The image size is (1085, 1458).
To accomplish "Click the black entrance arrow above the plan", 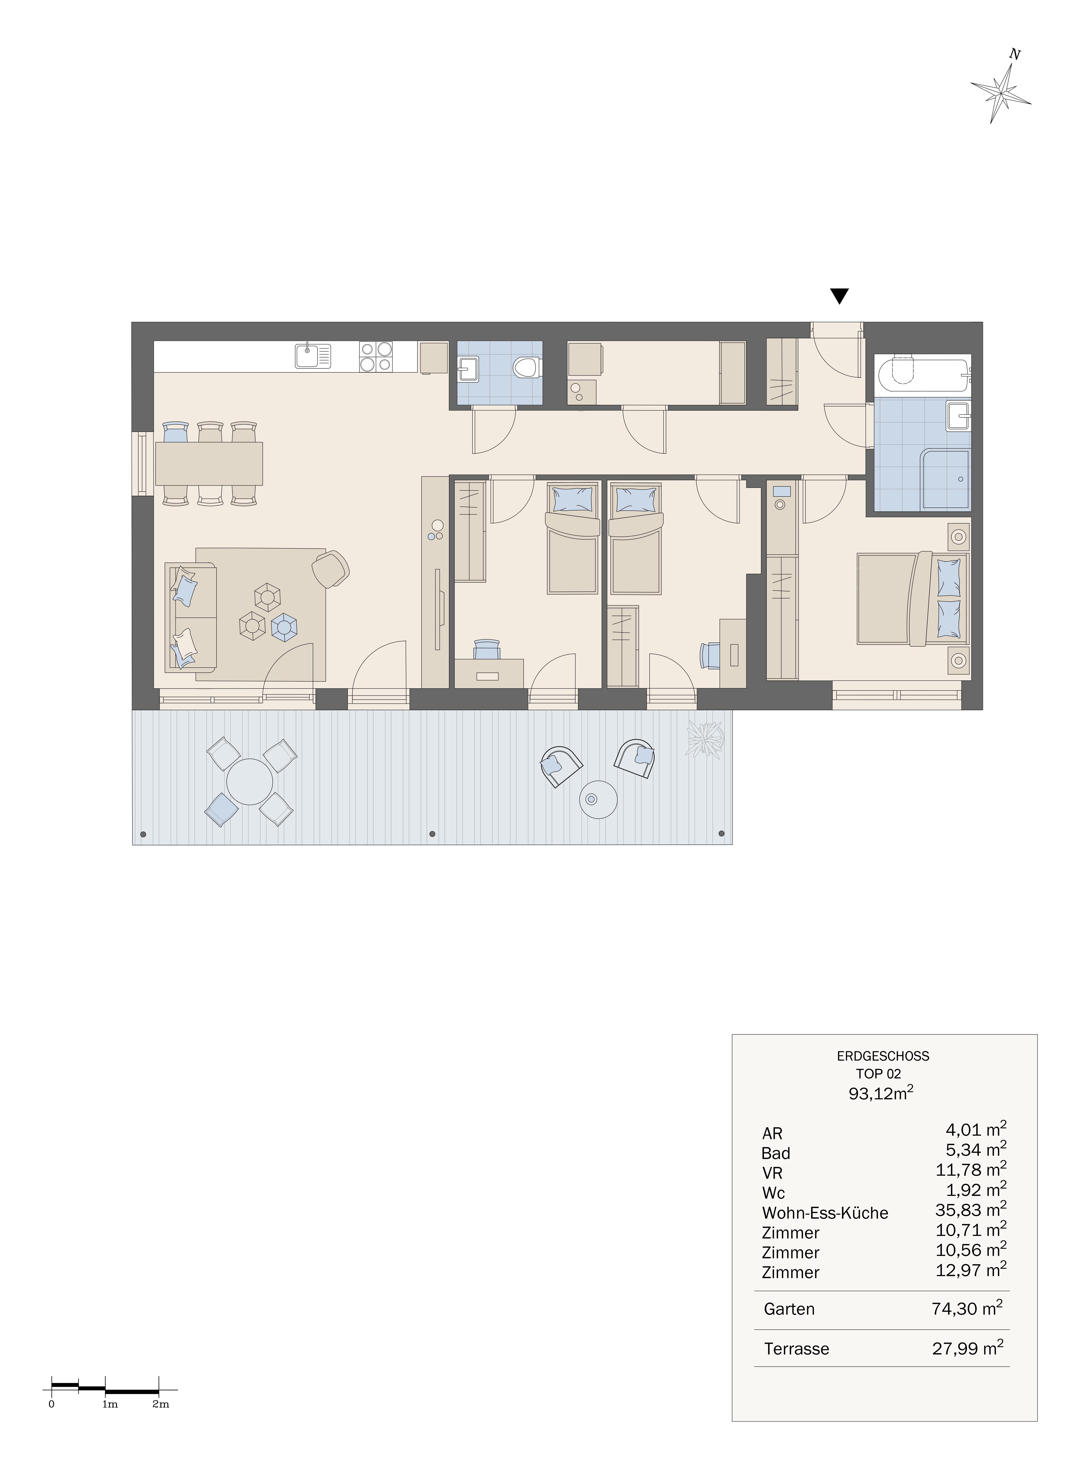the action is [x=839, y=296].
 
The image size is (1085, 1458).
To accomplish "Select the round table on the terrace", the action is [x=250, y=782].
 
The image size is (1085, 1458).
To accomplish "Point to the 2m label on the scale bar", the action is [x=161, y=1417].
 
